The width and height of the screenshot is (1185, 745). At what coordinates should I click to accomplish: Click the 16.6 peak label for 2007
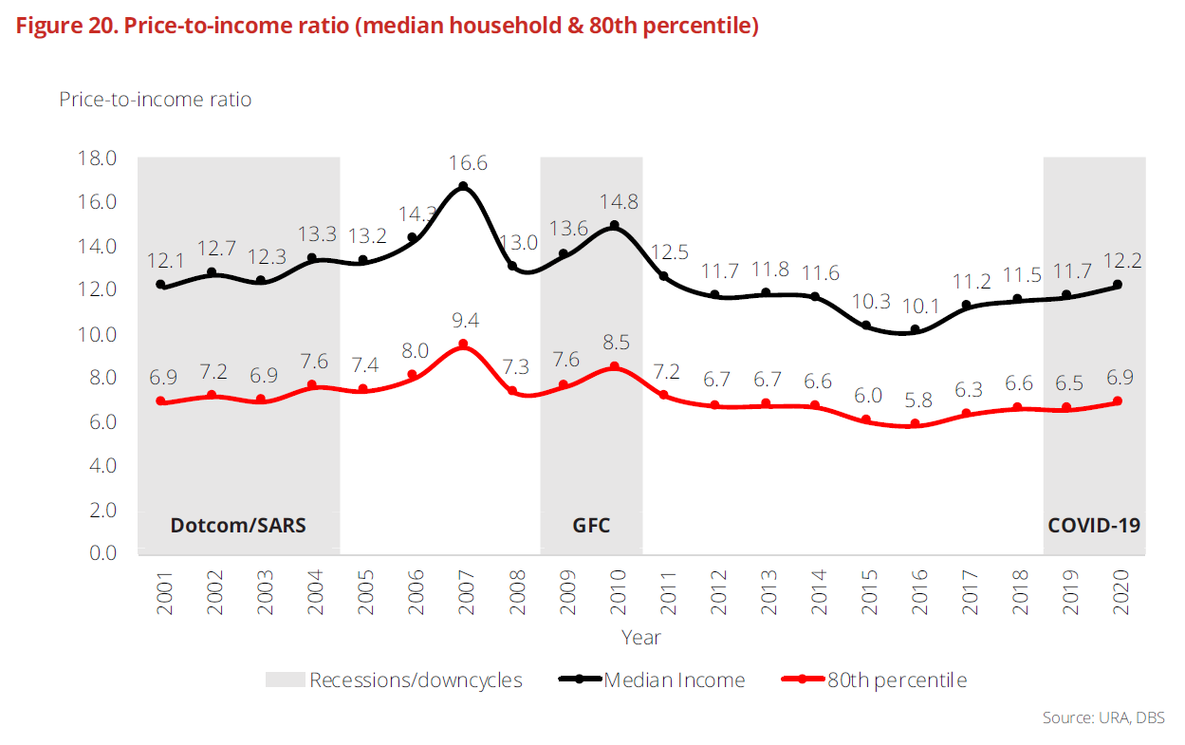pyautogui.click(x=464, y=163)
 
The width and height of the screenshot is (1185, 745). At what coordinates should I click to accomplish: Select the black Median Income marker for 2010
pyautogui.click(x=614, y=226)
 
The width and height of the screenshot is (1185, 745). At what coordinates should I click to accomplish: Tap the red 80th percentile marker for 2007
pyautogui.click(x=463, y=344)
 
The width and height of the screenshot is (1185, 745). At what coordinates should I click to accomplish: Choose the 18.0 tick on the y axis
pyautogui.click(x=97, y=158)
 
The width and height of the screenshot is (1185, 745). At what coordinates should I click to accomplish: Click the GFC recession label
pyautogui.click(x=591, y=525)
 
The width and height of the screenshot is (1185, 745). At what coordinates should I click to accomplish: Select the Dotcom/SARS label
pyautogui.click(x=238, y=525)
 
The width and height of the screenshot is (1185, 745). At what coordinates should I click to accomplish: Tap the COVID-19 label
pyautogui.click(x=1094, y=525)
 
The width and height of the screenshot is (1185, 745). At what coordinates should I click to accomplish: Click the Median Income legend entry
pyautogui.click(x=674, y=680)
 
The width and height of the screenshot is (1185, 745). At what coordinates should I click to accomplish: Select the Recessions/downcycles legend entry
pyautogui.click(x=416, y=680)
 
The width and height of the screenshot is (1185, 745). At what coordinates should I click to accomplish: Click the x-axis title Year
pyautogui.click(x=641, y=637)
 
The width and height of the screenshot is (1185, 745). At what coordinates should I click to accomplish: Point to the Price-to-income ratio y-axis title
pyautogui.click(x=156, y=99)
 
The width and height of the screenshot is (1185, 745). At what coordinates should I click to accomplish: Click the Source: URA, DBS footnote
pyautogui.click(x=1103, y=717)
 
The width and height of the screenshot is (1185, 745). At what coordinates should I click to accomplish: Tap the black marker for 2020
pyautogui.click(x=1118, y=285)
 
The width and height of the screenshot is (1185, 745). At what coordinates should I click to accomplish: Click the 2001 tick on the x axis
pyautogui.click(x=163, y=593)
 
